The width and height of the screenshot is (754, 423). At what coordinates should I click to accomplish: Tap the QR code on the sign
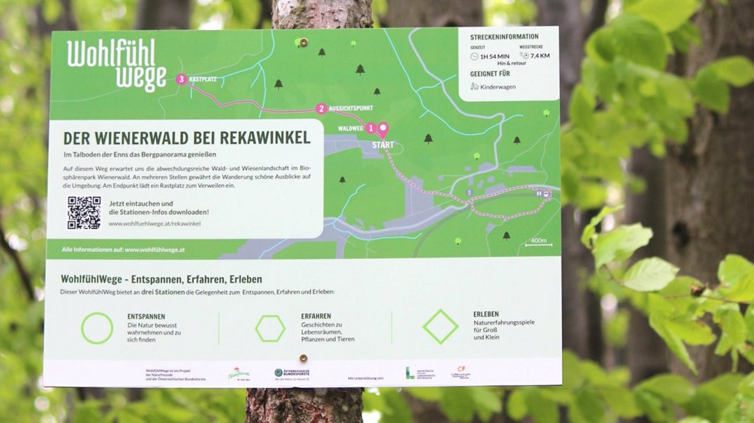84,212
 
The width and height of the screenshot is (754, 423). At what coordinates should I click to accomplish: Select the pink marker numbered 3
182,80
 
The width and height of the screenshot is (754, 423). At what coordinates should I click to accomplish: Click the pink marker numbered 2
321,108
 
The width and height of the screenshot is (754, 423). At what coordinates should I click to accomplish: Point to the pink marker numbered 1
371,128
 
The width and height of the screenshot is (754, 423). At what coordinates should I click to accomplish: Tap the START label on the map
383,145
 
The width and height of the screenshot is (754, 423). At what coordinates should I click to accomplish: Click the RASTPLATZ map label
204,80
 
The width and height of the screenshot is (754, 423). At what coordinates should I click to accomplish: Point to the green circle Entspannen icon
97,328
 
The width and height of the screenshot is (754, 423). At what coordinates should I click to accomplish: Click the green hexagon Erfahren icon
269,328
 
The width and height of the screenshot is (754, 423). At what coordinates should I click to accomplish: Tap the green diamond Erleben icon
440,327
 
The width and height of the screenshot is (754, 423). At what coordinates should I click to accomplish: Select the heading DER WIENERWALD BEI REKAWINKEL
186,138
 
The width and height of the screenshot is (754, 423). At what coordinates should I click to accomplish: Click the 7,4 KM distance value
540,56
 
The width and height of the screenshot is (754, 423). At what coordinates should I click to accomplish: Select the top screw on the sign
303,43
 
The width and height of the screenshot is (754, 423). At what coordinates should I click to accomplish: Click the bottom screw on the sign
303,359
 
